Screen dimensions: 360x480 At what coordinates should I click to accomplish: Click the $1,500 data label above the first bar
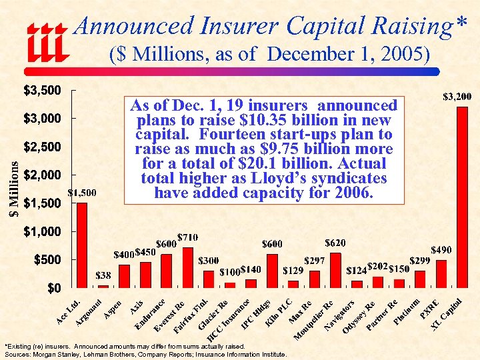(x=82, y=193)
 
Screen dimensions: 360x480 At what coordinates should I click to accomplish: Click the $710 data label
(x=187, y=238)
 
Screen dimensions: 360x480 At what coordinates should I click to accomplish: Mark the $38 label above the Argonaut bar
(x=103, y=275)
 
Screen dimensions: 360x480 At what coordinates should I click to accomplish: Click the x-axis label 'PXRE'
(x=430, y=308)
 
